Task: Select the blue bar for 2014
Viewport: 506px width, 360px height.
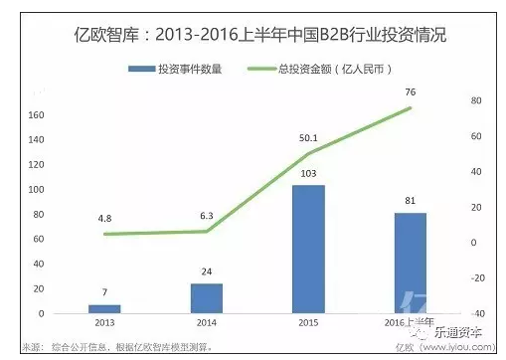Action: [x=206, y=298]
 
